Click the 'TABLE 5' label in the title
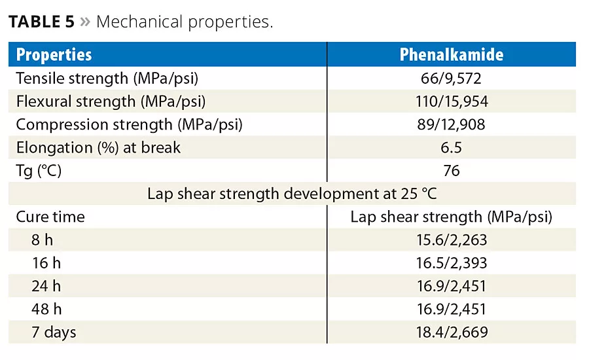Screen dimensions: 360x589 [41, 22]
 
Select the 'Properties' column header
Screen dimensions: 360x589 [54, 54]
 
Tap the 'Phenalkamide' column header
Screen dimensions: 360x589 [452, 54]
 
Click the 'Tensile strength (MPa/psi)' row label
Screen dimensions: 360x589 [107, 79]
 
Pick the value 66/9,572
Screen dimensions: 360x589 [452, 79]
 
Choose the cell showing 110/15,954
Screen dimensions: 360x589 [452, 101]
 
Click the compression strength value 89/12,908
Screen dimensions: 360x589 [452, 124]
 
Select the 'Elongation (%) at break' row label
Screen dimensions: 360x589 [98, 147]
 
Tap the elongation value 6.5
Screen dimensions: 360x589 [452, 147]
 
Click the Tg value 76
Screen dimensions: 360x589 [452, 171]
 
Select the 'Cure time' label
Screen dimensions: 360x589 [50, 217]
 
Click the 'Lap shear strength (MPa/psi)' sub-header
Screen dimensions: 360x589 [452, 217]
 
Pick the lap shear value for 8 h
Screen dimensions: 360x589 [452, 240]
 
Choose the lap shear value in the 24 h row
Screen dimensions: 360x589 [452, 286]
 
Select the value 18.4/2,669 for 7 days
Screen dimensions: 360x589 [452, 333]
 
